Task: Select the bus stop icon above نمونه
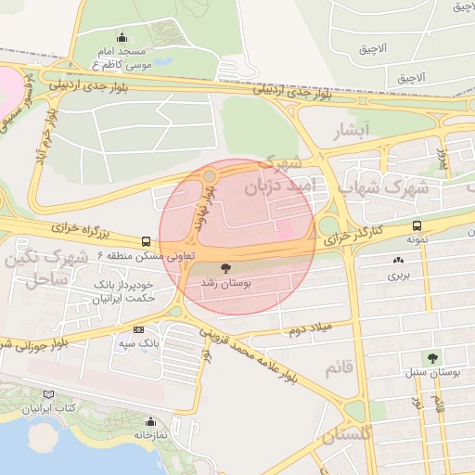point(417,225)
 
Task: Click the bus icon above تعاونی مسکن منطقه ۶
point(146,241)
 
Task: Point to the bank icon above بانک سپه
point(139,329)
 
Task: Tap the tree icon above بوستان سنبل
point(433,358)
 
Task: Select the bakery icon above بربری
point(399,263)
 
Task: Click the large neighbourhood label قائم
point(339,369)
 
